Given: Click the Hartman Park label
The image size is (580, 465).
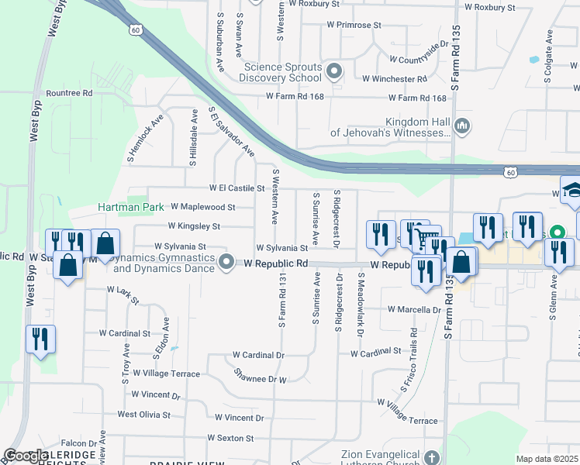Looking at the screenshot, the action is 130,208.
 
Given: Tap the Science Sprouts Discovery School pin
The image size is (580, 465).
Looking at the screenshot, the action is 335,72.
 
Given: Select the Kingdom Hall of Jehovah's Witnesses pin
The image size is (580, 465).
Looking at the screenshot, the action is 462,126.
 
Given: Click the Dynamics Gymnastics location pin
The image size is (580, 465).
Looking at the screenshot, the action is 226,262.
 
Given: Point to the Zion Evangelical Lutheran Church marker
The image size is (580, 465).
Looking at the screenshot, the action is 432,459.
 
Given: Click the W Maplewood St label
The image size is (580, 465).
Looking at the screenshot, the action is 202,208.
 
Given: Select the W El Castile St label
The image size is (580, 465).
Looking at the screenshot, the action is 237,188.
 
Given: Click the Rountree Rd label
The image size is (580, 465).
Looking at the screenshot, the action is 69,93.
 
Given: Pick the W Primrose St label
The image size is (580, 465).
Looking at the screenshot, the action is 354,25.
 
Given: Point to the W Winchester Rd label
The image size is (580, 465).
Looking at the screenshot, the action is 395,79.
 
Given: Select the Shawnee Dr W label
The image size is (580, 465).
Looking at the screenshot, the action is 261,376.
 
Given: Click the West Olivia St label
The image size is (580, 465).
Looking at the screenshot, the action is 143,415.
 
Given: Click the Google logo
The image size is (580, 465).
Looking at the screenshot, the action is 26,456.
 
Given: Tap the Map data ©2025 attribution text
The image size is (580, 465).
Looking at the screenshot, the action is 547,459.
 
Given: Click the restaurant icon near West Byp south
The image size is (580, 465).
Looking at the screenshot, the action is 40,339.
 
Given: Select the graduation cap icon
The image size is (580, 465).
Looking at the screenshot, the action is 571,191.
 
